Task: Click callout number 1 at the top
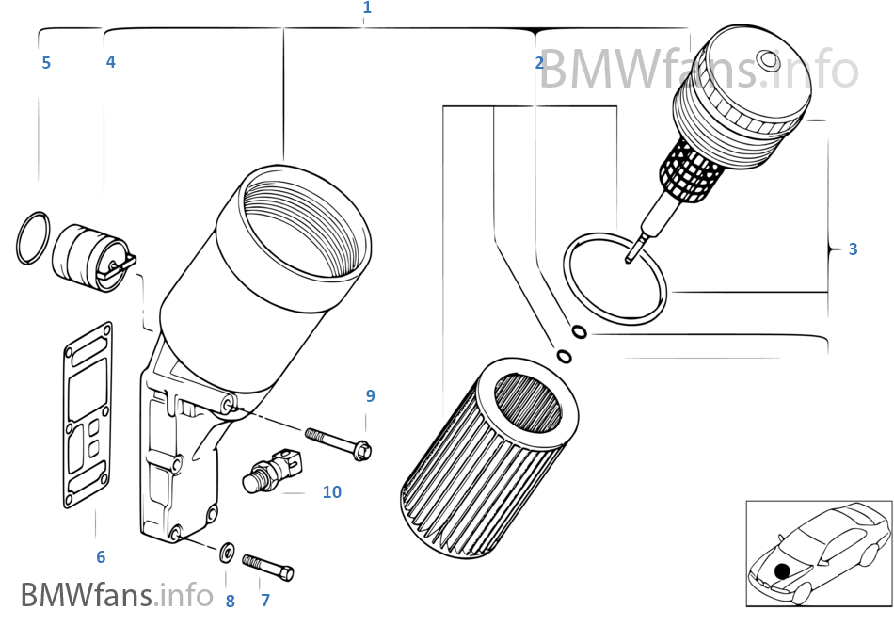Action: (x=367, y=8)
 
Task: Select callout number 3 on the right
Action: (x=853, y=249)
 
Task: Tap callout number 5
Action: (x=45, y=63)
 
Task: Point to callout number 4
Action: (x=110, y=62)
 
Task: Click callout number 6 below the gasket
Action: (x=101, y=557)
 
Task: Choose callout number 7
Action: (x=265, y=600)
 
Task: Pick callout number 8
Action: (x=230, y=600)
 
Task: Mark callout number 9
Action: (x=370, y=396)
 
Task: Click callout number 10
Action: (x=332, y=491)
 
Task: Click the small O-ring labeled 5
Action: (x=33, y=238)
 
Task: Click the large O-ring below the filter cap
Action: (x=615, y=278)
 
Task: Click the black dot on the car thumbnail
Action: (x=782, y=570)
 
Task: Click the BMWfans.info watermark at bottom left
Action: (x=117, y=594)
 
